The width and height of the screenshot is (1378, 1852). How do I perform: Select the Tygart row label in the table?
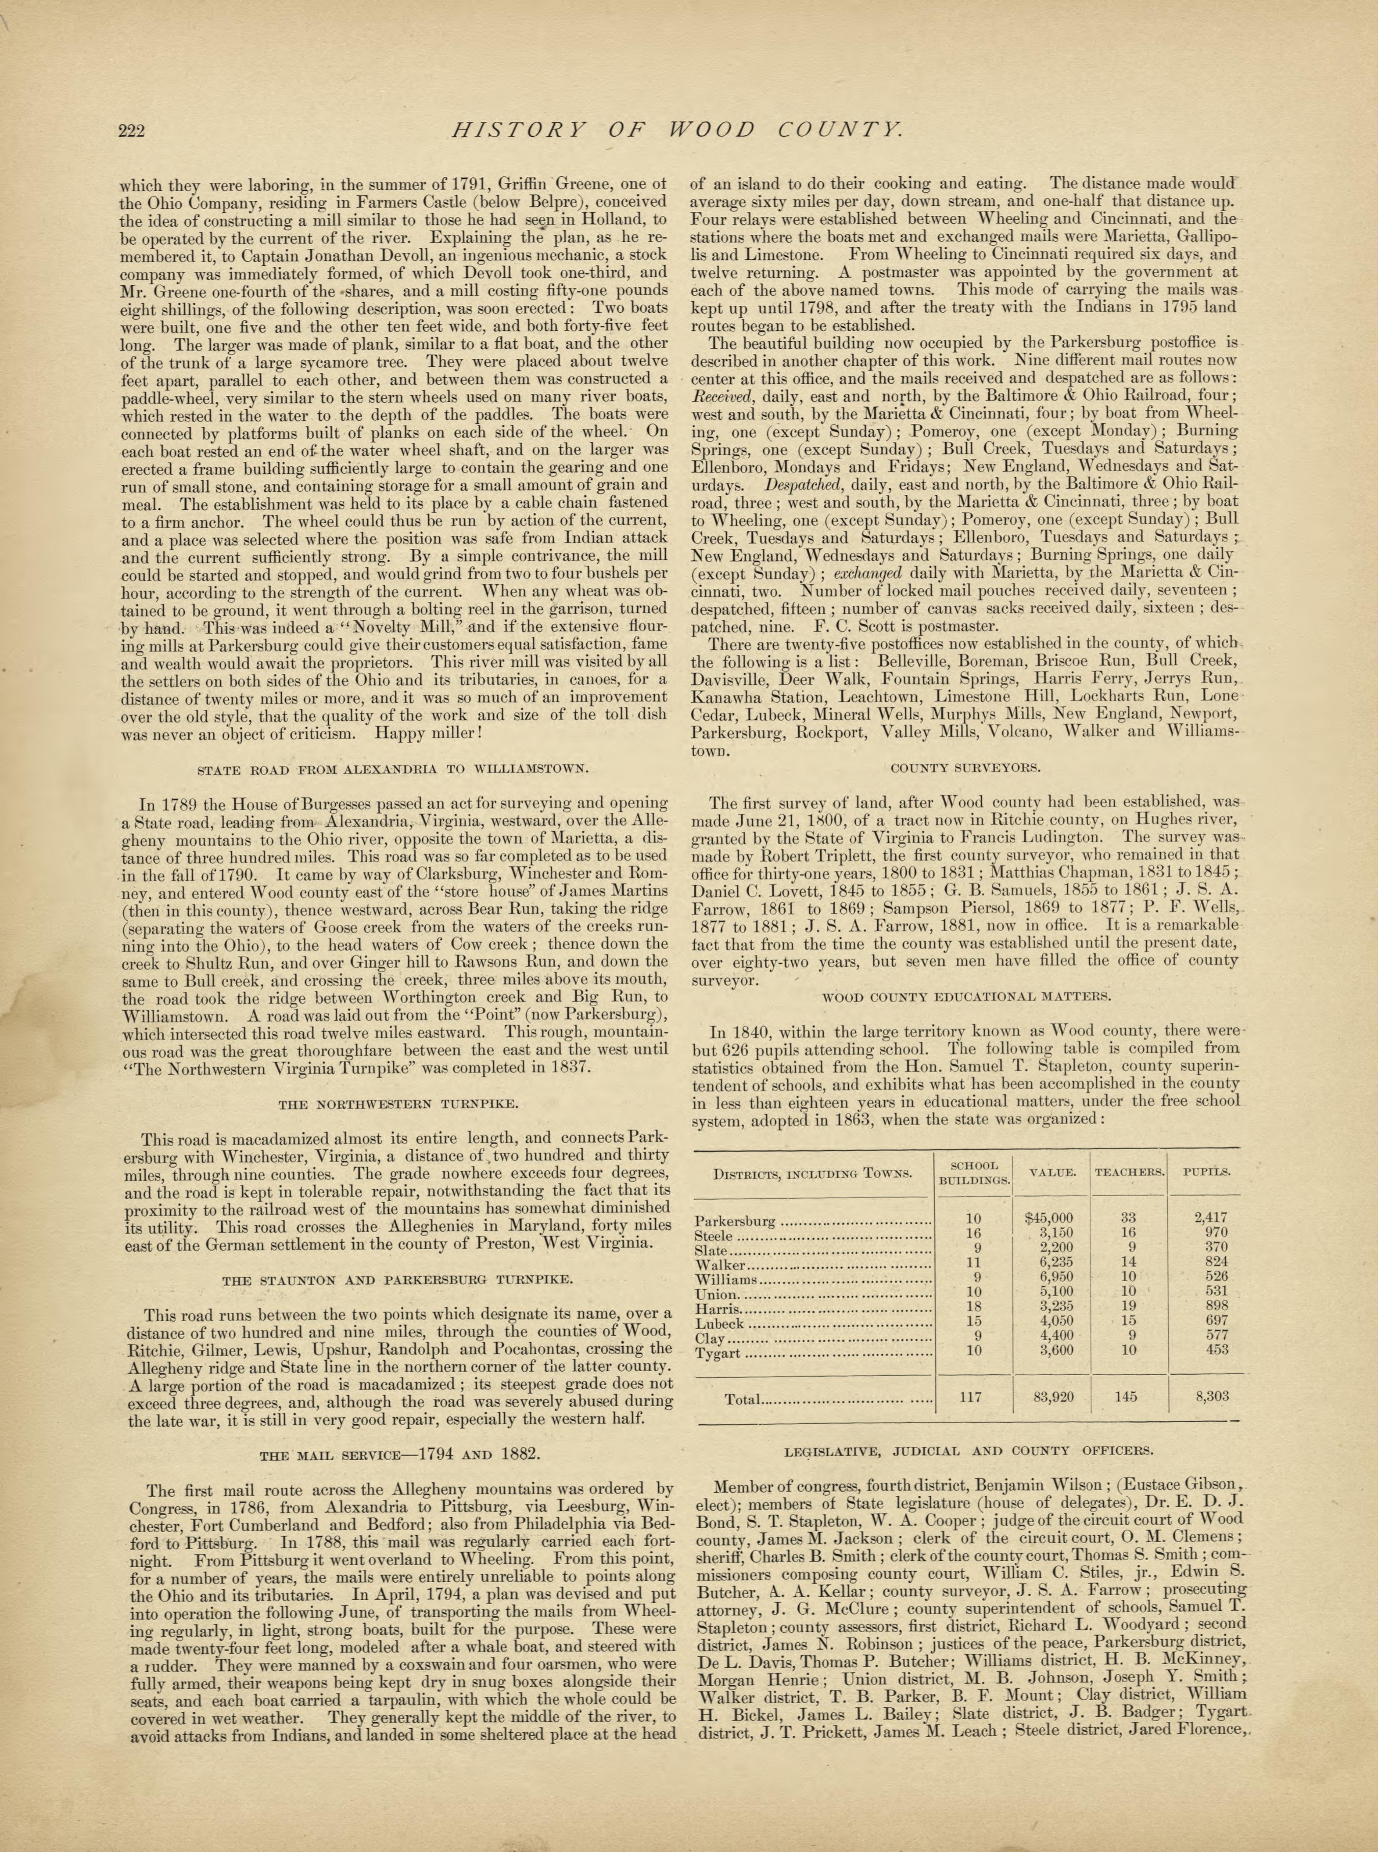click(x=718, y=1352)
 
